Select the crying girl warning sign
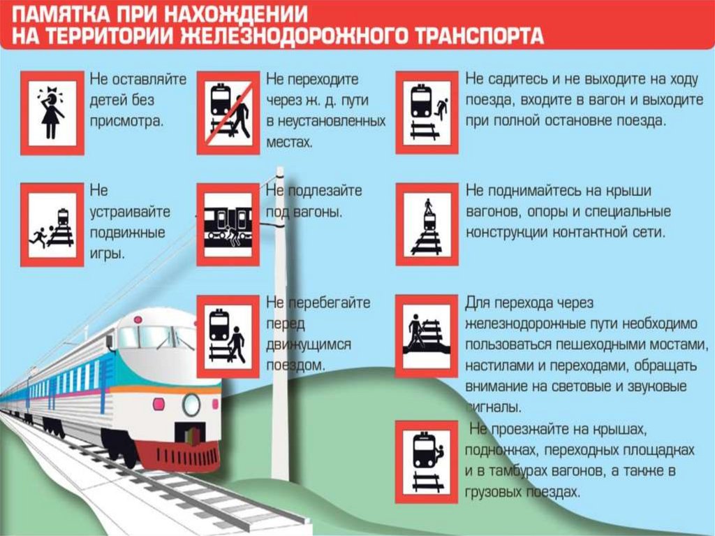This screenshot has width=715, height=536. (x=52, y=112)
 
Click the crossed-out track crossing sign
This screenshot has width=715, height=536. (x=228, y=112)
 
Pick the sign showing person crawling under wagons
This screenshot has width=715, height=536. (x=228, y=224)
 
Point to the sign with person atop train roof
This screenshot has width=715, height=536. (x=427, y=224)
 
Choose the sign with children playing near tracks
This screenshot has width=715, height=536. (x=52, y=224)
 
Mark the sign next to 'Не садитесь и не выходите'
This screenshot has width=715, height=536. (x=427, y=112)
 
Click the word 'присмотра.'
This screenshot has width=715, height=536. (x=127, y=120)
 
